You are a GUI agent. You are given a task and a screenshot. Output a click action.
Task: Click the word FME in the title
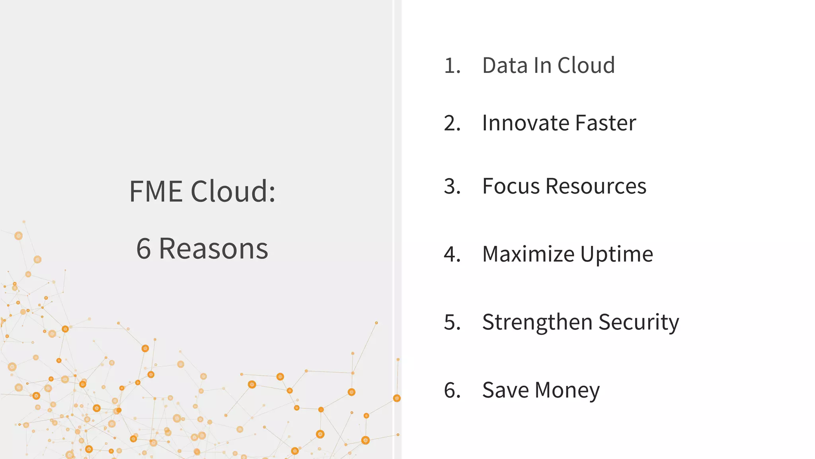[156, 192]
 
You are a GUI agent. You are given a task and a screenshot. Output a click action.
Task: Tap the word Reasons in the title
[214, 249]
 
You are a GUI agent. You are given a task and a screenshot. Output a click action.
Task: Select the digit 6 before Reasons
[144, 249]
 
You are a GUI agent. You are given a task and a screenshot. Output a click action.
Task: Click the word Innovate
[525, 123]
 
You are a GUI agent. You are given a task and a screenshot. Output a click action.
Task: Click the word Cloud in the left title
[233, 192]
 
